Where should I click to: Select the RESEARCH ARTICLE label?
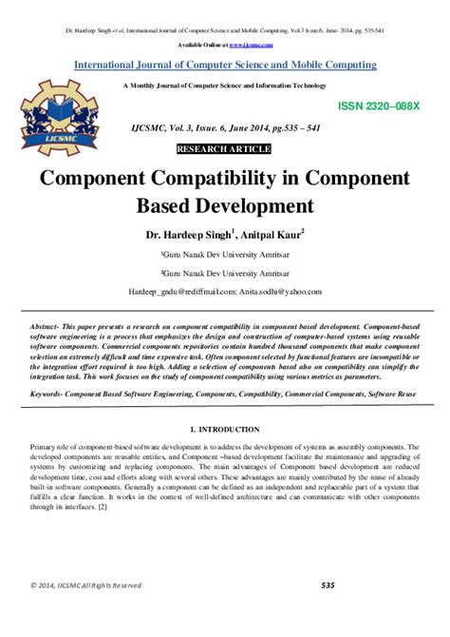click(x=224, y=149)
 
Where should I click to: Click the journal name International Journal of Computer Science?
click(x=225, y=65)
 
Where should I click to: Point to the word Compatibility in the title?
click(x=223, y=178)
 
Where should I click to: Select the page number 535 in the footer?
click(x=328, y=611)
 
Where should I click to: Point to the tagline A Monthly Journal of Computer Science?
click(x=224, y=86)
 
